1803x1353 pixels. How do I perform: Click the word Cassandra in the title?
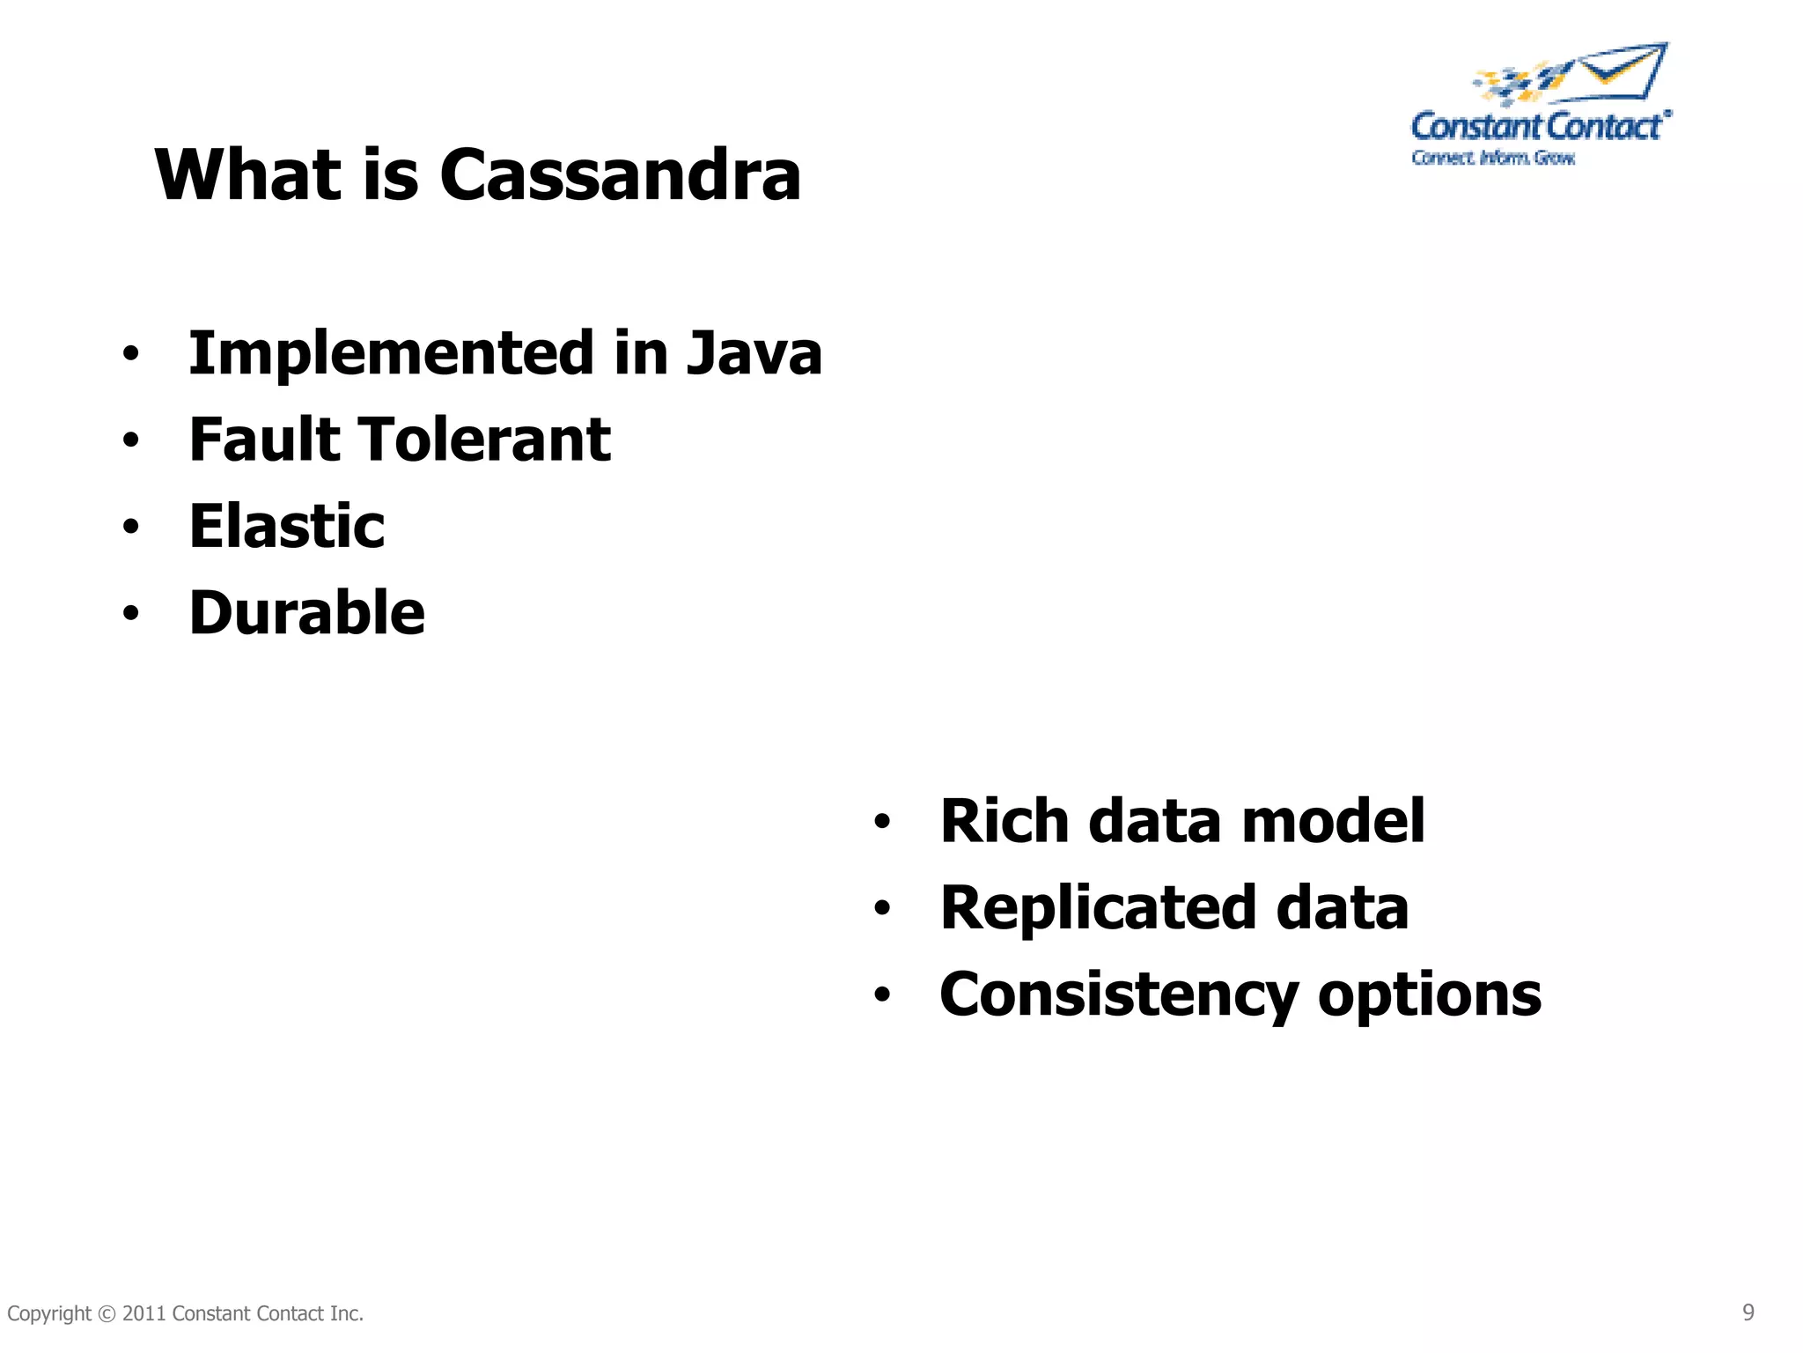(x=620, y=175)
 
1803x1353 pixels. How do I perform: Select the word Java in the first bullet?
(x=754, y=353)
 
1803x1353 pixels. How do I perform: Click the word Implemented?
(x=392, y=353)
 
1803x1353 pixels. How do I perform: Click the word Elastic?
(x=287, y=526)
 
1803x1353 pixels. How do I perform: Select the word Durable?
(x=306, y=613)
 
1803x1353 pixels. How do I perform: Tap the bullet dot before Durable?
(x=131, y=614)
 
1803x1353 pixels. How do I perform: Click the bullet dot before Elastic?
(x=131, y=528)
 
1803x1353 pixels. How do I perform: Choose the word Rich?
(x=1005, y=821)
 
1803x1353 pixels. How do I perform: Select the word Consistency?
(x=1119, y=995)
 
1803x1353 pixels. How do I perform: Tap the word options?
(x=1430, y=995)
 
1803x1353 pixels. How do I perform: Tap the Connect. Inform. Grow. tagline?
(x=1493, y=158)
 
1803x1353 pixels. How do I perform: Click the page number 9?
(x=1748, y=1312)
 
